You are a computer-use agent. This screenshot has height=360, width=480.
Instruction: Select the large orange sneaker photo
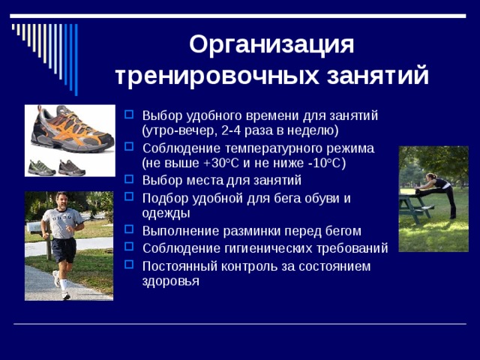pyautogui.click(x=71, y=128)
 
